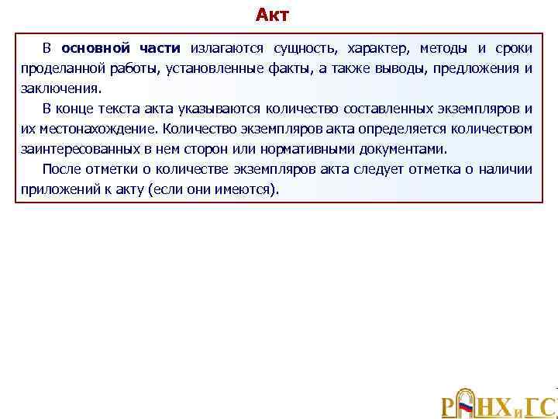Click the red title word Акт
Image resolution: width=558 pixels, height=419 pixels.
point(272,16)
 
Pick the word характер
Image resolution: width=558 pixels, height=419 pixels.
point(377,49)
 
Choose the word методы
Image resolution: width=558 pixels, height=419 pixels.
point(446,49)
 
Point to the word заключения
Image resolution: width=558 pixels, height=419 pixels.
point(60,88)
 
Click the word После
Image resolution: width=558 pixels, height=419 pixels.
point(60,169)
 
